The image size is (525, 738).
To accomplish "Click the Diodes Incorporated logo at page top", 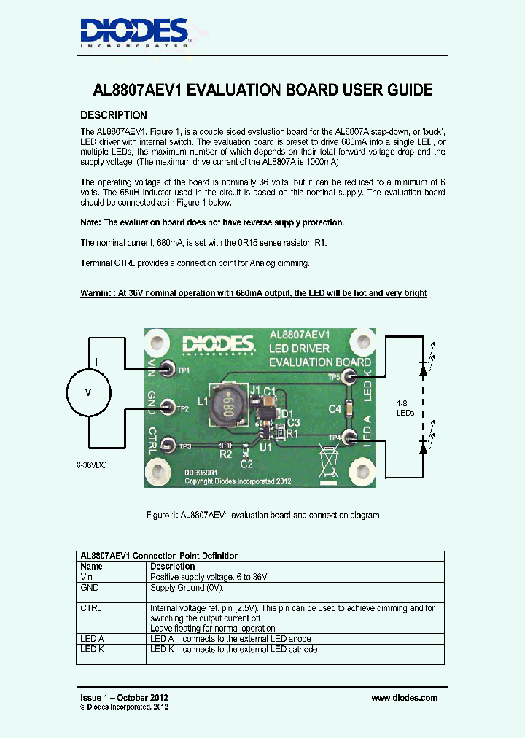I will (x=134, y=32).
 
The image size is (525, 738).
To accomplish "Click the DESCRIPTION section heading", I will (x=113, y=115).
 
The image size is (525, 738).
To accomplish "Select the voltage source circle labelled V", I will (x=89, y=392).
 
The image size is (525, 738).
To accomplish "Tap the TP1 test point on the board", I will (x=167, y=369).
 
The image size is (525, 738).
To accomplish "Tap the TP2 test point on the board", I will (x=167, y=407).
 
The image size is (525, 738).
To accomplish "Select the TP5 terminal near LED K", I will (x=349, y=376).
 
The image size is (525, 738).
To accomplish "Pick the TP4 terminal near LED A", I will (x=349, y=437).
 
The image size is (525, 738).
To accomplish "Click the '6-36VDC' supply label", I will (x=91, y=465).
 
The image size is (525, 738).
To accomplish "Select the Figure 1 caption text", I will (x=262, y=515).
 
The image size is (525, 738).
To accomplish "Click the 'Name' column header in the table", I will (x=91, y=566).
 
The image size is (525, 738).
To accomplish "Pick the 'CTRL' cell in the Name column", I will (x=91, y=607).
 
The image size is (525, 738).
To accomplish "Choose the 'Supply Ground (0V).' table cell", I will (x=187, y=587).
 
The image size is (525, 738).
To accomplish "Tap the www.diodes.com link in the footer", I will (x=404, y=698).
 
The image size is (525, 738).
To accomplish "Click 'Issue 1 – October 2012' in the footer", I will (x=124, y=698).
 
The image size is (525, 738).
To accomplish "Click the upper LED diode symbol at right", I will (x=423, y=370).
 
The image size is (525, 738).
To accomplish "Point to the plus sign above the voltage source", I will (x=96, y=361).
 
